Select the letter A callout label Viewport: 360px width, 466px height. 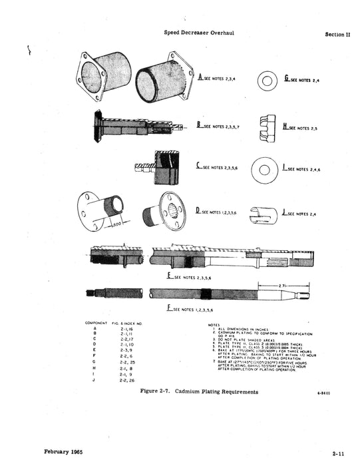point(200,78)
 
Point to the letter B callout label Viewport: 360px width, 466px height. point(198,124)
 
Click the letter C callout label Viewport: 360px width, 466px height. point(198,168)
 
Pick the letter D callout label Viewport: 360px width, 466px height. point(198,210)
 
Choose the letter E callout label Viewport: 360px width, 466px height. point(170,275)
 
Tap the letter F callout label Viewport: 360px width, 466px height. point(170,309)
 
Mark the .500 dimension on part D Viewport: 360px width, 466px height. point(117,224)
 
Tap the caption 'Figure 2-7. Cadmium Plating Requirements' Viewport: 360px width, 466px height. point(199,392)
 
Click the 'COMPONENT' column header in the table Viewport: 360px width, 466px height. point(96,323)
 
